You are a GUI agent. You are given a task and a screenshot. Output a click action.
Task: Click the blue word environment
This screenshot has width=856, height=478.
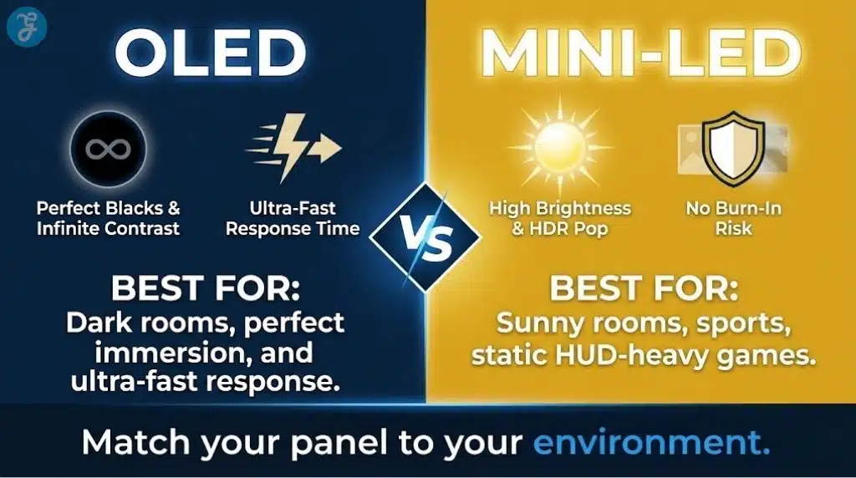(651, 442)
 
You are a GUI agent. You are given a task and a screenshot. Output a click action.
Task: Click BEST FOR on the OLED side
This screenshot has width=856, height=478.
(206, 289)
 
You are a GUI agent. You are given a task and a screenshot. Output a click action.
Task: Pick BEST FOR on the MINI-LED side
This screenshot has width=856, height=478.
(644, 289)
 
